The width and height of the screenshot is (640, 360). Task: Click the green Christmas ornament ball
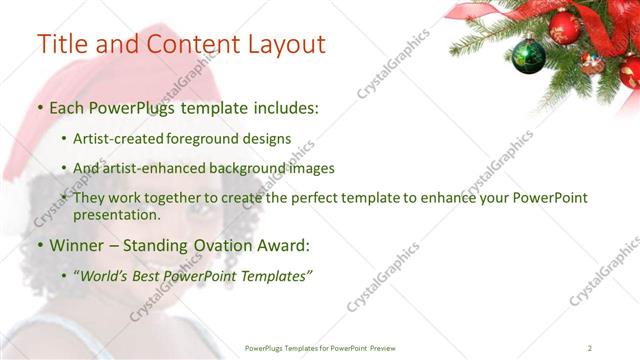528,56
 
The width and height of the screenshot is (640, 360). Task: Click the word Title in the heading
62,45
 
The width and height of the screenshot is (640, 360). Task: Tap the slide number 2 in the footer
590,348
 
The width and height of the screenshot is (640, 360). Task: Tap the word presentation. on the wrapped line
117,214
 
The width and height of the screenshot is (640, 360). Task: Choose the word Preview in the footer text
390,348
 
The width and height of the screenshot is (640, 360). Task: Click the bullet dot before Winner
40,245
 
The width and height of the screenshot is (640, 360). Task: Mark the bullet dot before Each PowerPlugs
40,107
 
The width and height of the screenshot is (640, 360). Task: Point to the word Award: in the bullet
282,245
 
